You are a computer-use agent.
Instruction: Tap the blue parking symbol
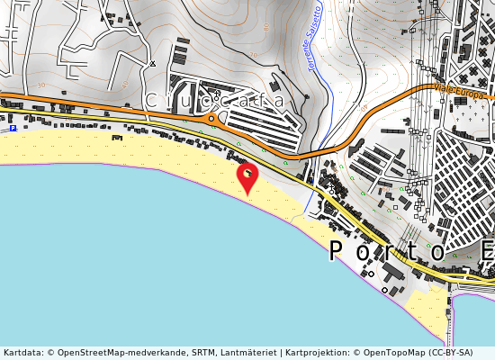point(13,129)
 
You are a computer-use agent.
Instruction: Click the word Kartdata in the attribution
point(22,353)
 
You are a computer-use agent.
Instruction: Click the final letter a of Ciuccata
point(278,101)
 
